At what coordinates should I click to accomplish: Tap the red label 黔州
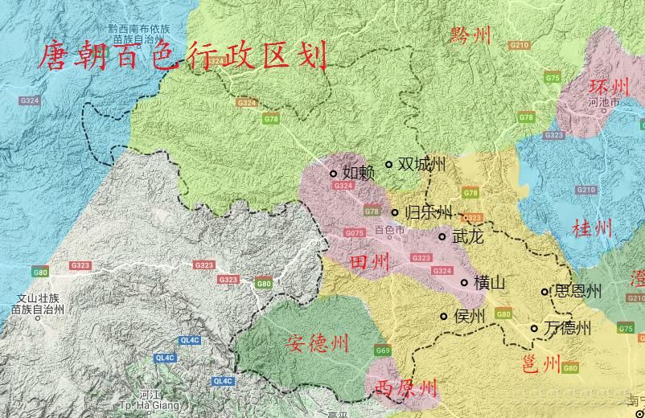470,35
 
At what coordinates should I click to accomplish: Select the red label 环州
609,87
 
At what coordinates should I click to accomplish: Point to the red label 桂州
591,228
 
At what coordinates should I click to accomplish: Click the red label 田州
370,262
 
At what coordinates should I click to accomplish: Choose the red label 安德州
318,344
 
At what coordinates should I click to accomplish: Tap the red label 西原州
406,389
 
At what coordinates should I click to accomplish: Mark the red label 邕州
540,364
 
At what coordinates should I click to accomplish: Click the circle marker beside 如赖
333,173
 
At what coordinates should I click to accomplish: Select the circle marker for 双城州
388,164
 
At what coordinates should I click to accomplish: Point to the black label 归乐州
429,213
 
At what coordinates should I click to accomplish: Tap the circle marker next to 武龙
442,236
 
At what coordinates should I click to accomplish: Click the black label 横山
490,283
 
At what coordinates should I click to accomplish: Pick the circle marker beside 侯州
443,316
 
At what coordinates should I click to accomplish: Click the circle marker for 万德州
534,328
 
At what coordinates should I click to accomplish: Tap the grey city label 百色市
390,231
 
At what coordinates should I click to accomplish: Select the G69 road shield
383,350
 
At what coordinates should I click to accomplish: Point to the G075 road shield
355,233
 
